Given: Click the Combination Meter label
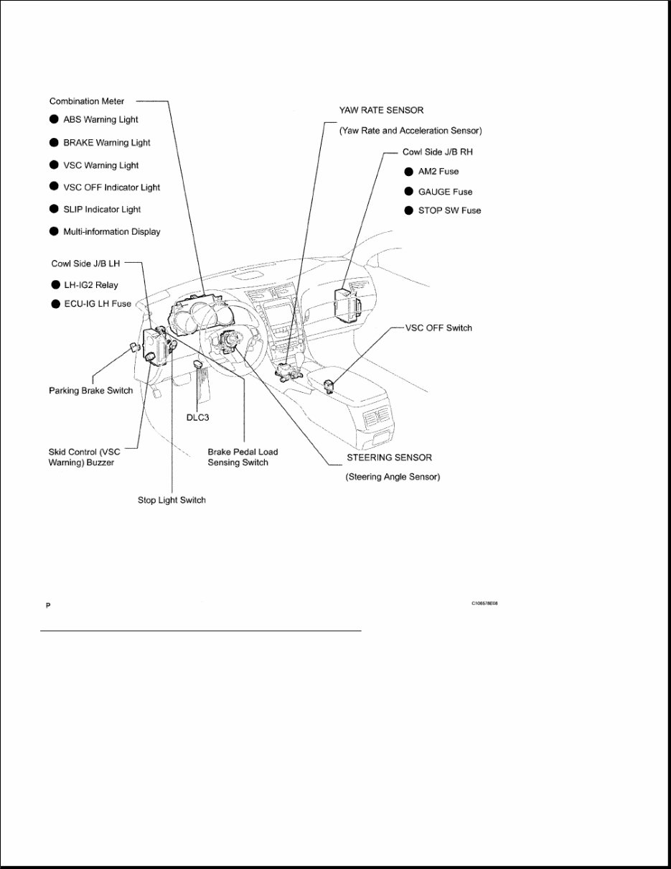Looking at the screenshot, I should point(86,101).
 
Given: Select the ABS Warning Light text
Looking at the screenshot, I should point(100,120).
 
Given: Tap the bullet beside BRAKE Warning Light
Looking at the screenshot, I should point(54,142).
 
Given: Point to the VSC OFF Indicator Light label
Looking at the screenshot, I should point(111,187).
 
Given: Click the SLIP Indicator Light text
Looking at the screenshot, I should point(102,210).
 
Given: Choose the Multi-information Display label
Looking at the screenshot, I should point(111,232).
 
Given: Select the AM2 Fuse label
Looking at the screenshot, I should point(438,172).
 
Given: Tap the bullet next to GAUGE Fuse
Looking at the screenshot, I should point(408,192).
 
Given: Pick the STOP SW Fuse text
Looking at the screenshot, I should point(449,210).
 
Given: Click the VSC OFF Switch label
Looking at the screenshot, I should point(438,328).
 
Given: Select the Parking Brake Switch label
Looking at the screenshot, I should point(90,391).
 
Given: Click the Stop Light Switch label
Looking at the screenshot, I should point(172,500).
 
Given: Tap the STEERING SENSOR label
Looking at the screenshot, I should point(389,457).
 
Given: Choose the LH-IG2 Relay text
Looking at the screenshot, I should point(90,285).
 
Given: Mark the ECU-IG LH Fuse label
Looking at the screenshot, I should point(97,304).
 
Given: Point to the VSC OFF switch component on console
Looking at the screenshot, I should point(332,386).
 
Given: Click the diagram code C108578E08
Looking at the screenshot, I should point(484,604).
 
